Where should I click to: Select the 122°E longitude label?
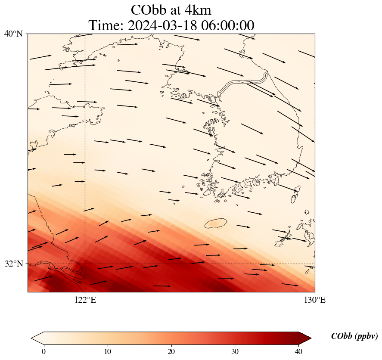point(85,300)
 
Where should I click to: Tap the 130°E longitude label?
point(315,300)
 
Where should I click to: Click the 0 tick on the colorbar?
point(43,351)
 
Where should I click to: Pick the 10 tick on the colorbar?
point(108,351)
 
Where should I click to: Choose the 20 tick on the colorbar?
point(171,351)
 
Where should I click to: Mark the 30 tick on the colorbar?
point(235,351)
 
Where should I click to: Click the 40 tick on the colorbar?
point(299,351)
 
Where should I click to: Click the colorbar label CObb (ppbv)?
point(354,336)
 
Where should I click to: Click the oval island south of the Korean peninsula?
point(216,224)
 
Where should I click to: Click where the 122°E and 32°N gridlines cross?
point(85,264)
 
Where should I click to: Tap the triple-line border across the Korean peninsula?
point(243,84)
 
